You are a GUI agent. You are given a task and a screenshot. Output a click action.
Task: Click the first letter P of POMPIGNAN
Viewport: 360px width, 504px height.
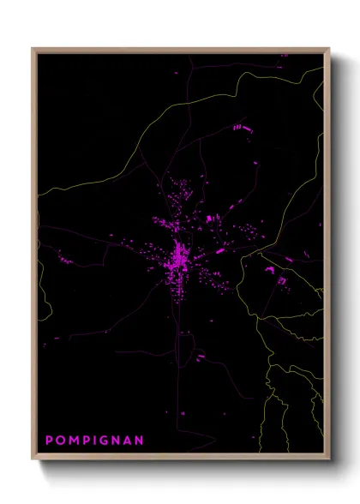point(48,441)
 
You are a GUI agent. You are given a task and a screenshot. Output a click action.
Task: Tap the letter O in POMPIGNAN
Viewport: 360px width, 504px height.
point(60,441)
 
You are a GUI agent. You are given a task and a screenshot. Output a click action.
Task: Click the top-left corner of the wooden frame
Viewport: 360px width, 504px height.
point(33,49)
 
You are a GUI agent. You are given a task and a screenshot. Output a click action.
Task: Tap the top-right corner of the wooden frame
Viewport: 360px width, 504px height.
point(329,49)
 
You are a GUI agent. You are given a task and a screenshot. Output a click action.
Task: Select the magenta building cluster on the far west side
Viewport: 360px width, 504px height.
point(64,258)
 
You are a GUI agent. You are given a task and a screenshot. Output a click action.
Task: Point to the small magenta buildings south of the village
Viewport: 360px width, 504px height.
point(199,355)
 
